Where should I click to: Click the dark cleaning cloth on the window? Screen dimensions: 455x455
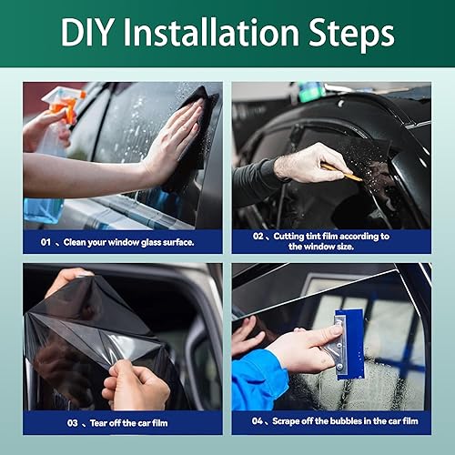(x=195, y=136)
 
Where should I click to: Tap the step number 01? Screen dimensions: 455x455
(x=45, y=241)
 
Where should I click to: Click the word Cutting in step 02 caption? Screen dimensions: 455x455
(x=294, y=236)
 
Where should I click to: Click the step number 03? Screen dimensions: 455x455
(x=46, y=422)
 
